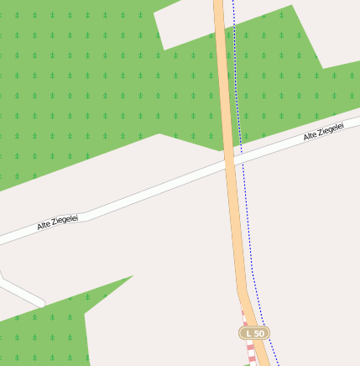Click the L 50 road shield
point(254,333)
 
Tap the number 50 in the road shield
point(258,333)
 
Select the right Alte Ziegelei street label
point(323,131)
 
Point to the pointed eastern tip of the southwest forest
point(132,276)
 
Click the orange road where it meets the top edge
point(218,3)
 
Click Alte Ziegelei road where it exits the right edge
point(356,124)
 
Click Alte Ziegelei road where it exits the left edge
point(3,239)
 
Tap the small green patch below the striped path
point(250,363)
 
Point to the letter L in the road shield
point(248,333)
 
